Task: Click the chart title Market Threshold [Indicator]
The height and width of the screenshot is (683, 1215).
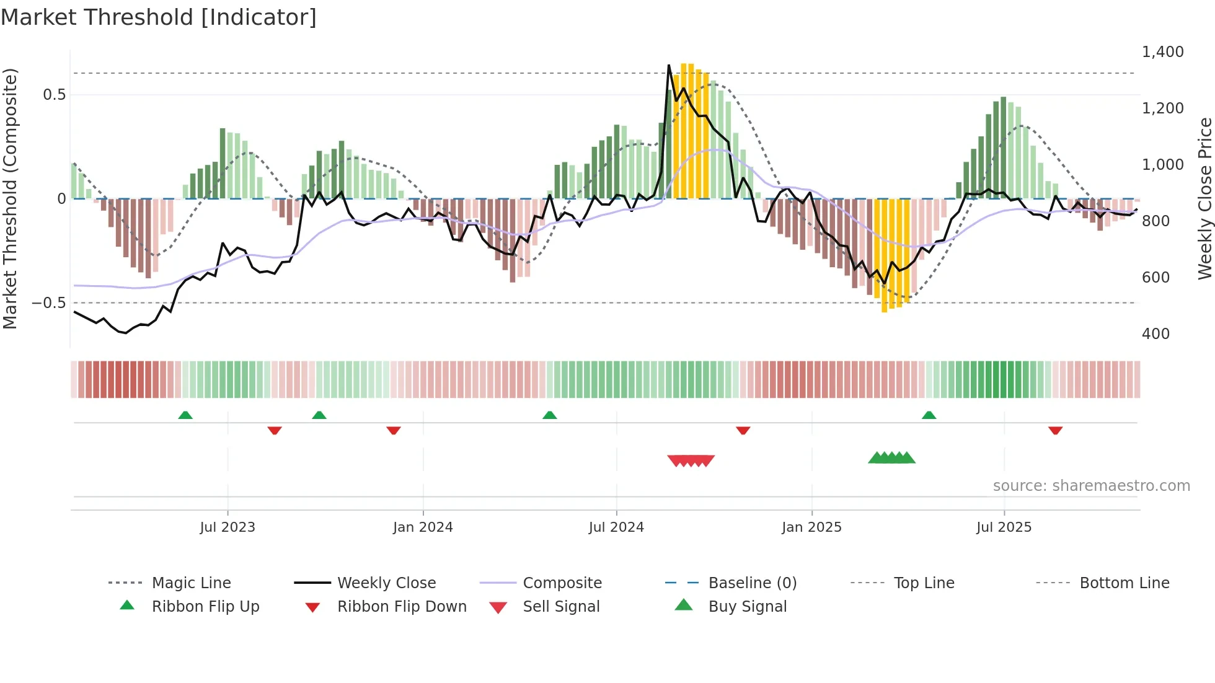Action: click(x=159, y=17)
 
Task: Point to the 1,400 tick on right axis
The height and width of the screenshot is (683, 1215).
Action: click(x=1162, y=52)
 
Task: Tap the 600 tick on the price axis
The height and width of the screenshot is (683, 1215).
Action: click(x=1155, y=278)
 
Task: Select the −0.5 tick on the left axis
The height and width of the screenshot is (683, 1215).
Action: click(x=48, y=303)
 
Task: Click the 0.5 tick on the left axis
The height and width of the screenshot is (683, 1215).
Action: click(x=54, y=95)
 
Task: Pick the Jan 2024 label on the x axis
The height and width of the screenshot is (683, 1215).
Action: click(x=423, y=527)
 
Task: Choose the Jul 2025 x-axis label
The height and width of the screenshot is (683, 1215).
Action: click(x=1004, y=527)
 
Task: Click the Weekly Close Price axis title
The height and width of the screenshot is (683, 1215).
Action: click(x=1204, y=198)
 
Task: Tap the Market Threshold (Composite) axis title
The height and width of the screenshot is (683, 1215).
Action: click(x=10, y=198)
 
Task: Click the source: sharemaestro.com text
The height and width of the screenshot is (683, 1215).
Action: click(x=1091, y=486)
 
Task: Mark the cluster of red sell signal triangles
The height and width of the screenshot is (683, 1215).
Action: click(x=691, y=460)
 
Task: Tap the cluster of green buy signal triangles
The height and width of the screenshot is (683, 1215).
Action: click(x=891, y=458)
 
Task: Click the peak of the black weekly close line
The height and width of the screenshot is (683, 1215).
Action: click(x=669, y=65)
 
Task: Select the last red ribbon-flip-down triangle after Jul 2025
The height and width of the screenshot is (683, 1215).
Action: click(x=1055, y=430)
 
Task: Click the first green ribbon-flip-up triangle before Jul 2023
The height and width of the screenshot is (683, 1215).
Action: click(x=185, y=415)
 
